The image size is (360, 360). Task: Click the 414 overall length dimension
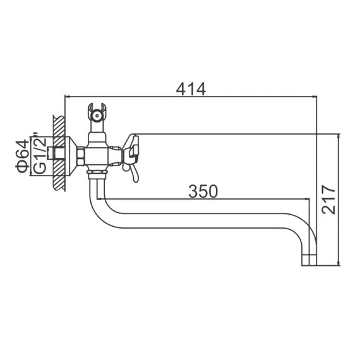190,89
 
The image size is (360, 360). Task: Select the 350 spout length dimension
202,190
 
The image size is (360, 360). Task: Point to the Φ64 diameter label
22,155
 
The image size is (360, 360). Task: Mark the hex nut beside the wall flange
81,154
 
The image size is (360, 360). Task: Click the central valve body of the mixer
98,154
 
